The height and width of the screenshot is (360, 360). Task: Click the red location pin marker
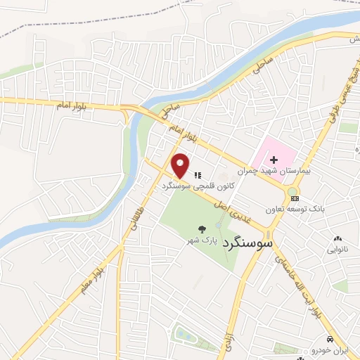(x=181, y=166)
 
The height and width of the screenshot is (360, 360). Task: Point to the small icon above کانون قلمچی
(x=198, y=174)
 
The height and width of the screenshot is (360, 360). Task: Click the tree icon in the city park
(x=202, y=229)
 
